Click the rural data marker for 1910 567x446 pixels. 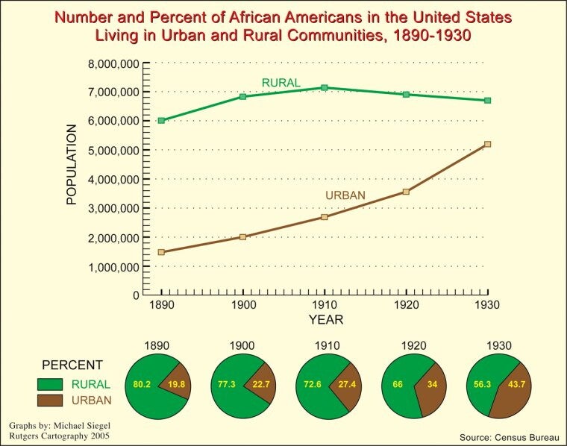point(325,88)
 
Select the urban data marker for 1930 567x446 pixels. point(488,144)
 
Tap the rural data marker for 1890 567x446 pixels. point(161,120)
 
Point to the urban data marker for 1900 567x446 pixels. point(243,236)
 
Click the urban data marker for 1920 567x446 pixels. point(406,192)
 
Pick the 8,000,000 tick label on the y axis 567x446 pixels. point(113,63)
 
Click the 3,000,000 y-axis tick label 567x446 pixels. point(113,208)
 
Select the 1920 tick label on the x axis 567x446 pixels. point(406,305)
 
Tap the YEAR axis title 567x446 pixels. point(326,320)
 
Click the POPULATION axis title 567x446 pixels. point(72,165)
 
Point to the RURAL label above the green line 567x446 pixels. point(281,82)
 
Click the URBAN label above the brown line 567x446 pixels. point(345,195)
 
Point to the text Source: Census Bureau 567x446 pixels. point(509,433)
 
